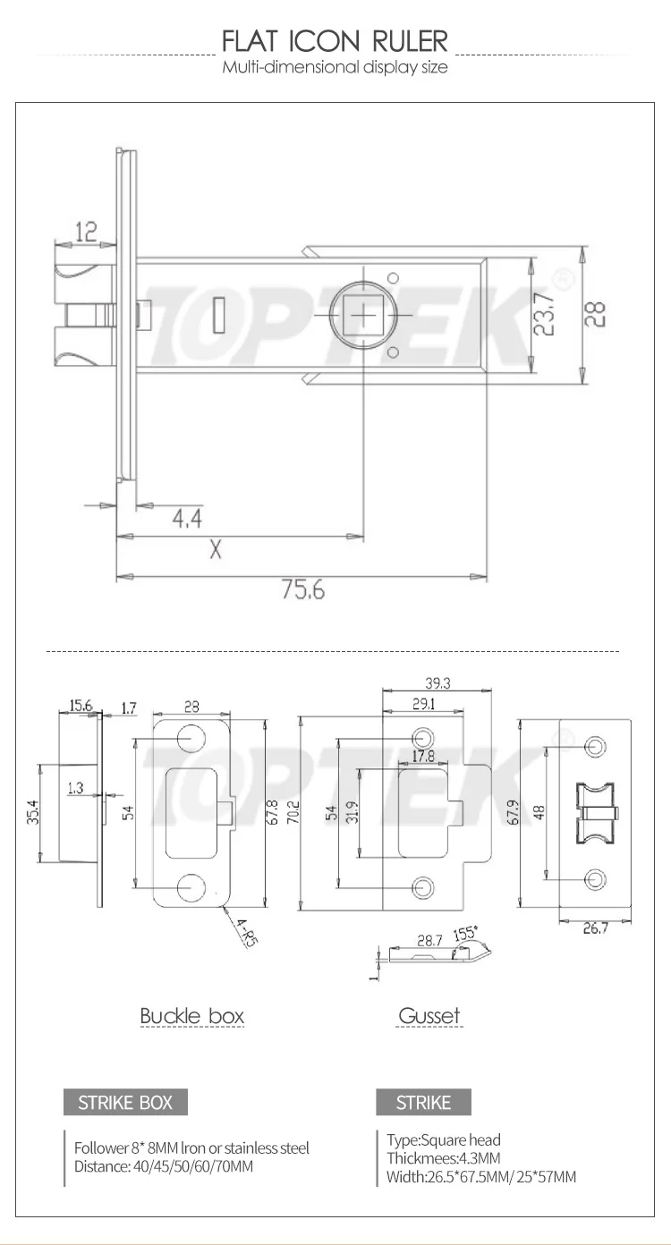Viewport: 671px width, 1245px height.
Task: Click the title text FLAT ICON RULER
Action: (x=335, y=41)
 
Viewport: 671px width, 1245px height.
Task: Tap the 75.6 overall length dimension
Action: (x=303, y=591)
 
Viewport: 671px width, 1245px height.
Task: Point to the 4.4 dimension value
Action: (x=186, y=518)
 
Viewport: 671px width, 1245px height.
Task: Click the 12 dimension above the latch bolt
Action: (x=86, y=233)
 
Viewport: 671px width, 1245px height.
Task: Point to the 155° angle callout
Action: (x=466, y=932)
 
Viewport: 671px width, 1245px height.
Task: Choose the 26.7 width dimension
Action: (x=595, y=928)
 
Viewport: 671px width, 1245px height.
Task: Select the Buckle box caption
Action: (x=191, y=1016)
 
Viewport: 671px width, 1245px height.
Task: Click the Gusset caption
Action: (x=429, y=1016)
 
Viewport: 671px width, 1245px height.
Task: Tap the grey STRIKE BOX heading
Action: (x=125, y=1102)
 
